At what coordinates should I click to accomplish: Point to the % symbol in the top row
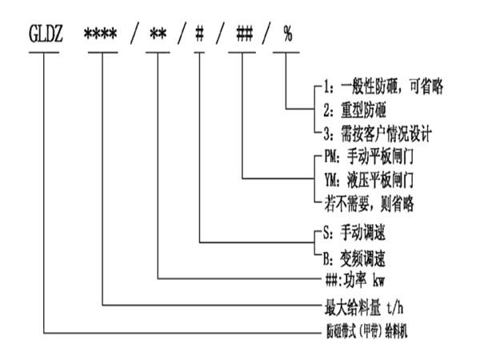286,37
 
